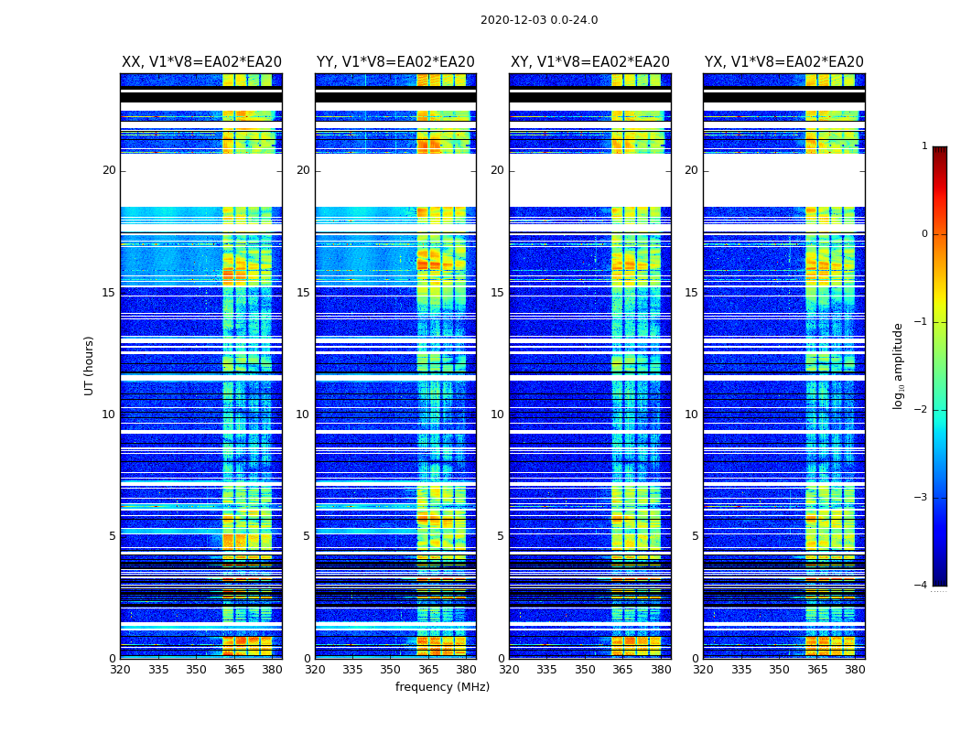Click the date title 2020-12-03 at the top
538,20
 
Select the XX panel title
201,62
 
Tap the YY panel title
395,62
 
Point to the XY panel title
590,62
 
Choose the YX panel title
784,62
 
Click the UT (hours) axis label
90,365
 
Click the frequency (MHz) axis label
442,687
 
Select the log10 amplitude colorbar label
899,365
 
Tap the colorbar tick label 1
924,146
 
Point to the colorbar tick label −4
922,586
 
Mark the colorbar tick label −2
922,410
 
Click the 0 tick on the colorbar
924,234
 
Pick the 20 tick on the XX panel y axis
109,170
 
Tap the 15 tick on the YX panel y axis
692,293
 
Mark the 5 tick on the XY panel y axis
501,536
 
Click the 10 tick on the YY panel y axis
303,414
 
